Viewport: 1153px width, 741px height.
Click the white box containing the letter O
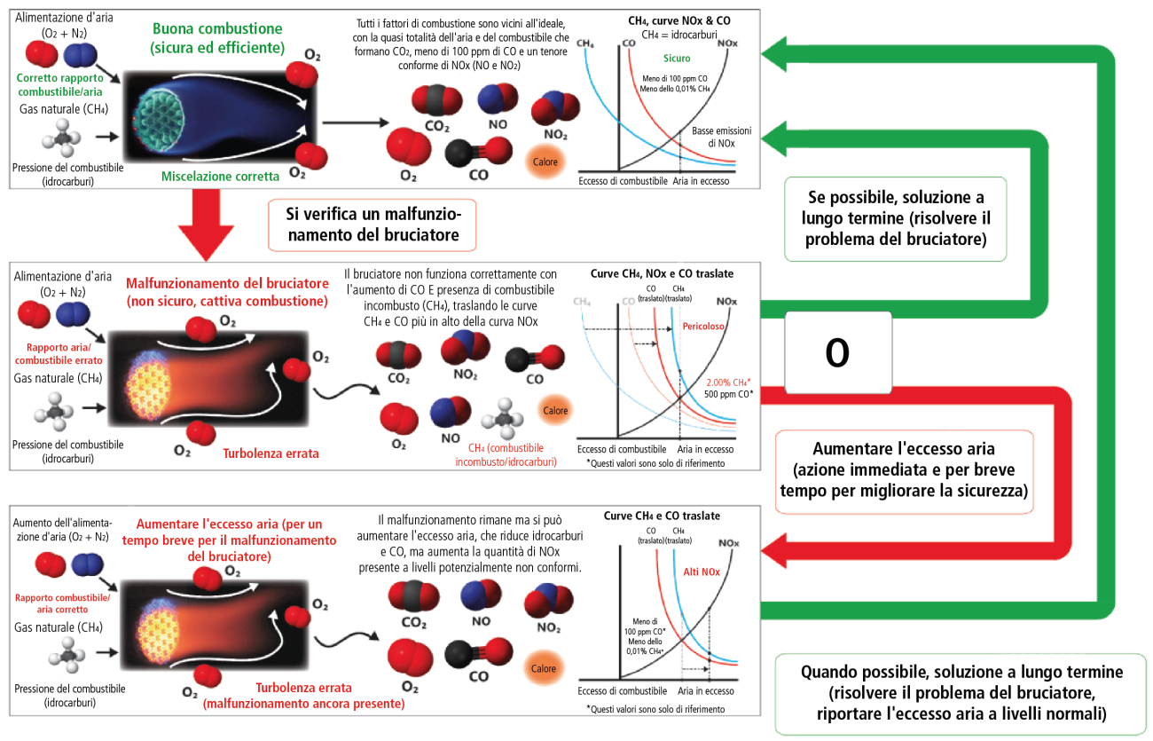(x=837, y=353)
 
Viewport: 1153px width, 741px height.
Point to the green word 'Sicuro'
(x=676, y=59)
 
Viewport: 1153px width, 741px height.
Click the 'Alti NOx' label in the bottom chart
(x=702, y=572)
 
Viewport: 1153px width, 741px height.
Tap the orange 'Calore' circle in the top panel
(x=544, y=162)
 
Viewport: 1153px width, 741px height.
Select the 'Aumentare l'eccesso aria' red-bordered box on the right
(x=904, y=471)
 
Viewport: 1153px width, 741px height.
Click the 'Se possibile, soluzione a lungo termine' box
(x=896, y=218)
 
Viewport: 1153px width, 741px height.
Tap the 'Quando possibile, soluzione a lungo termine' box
(x=961, y=693)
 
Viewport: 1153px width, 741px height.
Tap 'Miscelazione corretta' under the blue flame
(x=220, y=177)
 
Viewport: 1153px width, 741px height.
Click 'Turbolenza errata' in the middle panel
(x=271, y=453)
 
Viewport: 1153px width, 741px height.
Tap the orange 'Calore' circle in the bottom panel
(x=544, y=668)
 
